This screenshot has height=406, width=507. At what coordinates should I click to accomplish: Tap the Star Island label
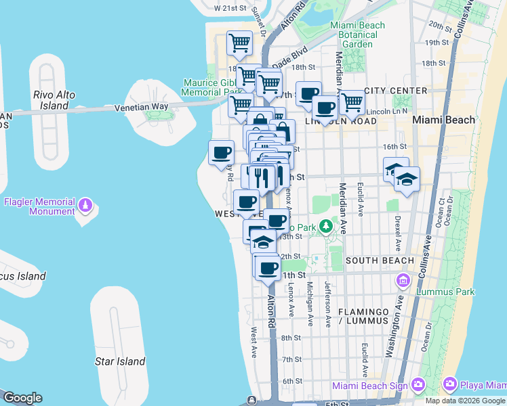click(x=120, y=361)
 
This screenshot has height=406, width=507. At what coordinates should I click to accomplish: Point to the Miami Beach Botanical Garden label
click(x=357, y=35)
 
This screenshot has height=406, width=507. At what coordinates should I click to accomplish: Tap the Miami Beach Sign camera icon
click(x=418, y=385)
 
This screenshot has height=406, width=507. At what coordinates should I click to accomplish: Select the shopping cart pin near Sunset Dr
click(x=239, y=43)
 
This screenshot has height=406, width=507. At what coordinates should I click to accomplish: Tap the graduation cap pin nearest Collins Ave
click(x=407, y=179)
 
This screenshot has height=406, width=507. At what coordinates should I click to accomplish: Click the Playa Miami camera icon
click(x=450, y=385)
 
